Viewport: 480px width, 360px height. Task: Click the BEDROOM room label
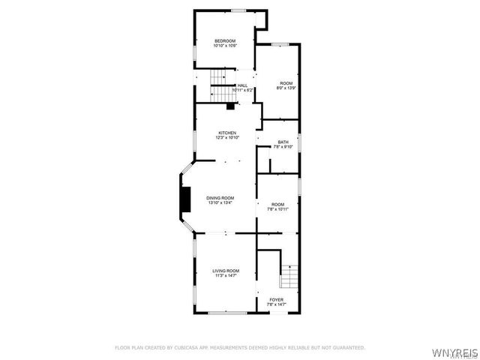(225, 40)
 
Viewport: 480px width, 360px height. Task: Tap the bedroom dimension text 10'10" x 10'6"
(225, 46)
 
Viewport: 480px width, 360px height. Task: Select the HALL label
(242, 85)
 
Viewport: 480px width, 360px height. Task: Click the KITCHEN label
(227, 133)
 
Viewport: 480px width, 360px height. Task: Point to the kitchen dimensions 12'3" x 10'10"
(227, 138)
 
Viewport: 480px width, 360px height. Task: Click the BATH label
(283, 142)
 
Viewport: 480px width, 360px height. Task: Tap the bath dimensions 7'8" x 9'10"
(283, 147)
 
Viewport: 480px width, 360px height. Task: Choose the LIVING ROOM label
(225, 270)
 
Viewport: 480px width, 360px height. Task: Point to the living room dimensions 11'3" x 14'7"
(225, 275)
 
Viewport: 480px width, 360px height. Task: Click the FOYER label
(277, 299)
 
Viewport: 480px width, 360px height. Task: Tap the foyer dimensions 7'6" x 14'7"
(277, 304)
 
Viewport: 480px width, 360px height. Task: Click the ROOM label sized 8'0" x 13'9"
(286, 82)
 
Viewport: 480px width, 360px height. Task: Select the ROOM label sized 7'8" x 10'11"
(278, 204)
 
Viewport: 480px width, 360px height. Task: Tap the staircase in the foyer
(289, 276)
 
